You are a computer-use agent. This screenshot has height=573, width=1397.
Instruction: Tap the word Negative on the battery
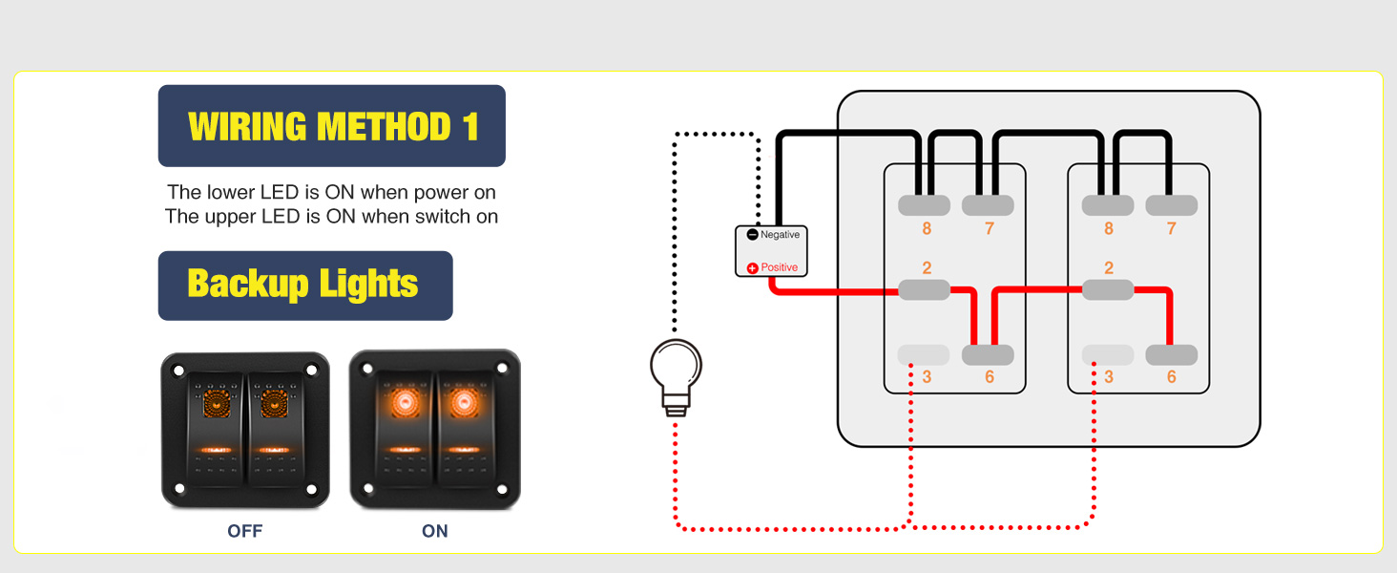780,235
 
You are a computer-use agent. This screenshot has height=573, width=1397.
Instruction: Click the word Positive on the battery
779,267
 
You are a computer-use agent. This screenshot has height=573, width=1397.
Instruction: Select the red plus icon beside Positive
752,268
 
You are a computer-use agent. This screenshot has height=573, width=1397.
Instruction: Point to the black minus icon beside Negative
752,235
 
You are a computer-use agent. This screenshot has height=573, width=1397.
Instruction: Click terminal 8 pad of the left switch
924,204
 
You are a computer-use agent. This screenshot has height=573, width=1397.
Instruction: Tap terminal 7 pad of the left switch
988,204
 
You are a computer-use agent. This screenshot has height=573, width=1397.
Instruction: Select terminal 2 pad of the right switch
1108,289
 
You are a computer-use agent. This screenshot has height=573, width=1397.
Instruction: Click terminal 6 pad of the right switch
1171,355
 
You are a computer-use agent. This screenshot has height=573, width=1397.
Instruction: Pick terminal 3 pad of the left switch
924,355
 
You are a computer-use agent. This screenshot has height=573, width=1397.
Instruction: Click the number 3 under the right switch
1109,377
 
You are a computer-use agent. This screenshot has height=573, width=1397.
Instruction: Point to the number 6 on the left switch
989,377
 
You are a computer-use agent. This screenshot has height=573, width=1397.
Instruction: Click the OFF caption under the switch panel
244,531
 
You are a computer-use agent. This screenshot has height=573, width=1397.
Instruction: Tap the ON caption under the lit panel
434,531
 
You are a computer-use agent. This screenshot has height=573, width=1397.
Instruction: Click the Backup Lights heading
303,285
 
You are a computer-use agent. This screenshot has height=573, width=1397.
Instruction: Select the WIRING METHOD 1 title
332,126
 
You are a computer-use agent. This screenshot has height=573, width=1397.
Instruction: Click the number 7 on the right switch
1172,229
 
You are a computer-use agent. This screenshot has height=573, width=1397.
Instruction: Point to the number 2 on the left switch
927,268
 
